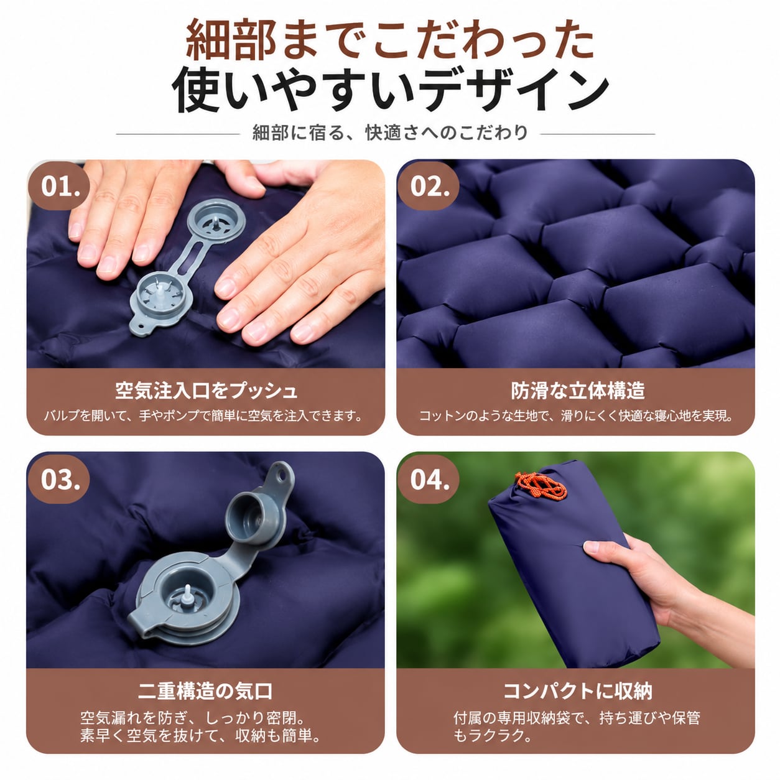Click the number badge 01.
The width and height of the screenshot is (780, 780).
(x=59, y=186)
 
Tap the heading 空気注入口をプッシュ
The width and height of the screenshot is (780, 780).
(x=206, y=391)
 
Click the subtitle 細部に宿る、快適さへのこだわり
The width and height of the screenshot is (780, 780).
(x=390, y=132)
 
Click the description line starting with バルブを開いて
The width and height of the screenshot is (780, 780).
(x=203, y=416)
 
